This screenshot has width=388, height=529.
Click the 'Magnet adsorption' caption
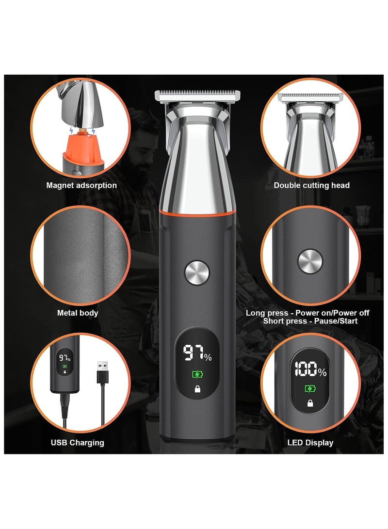click(81, 185)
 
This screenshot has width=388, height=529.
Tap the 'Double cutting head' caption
click(311, 185)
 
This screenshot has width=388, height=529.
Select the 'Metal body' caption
click(78, 313)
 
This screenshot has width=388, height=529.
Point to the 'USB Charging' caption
click(78, 442)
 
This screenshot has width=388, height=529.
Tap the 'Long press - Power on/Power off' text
click(307, 313)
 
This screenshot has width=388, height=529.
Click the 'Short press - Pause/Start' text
click(310, 321)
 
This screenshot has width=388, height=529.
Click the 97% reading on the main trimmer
click(197, 353)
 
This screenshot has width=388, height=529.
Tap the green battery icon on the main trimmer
click(197, 374)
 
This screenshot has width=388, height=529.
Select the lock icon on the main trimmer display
click(197, 388)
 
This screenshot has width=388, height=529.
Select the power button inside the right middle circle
click(310, 261)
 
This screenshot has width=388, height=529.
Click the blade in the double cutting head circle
click(310, 97)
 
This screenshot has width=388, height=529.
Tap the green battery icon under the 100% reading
click(309, 388)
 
